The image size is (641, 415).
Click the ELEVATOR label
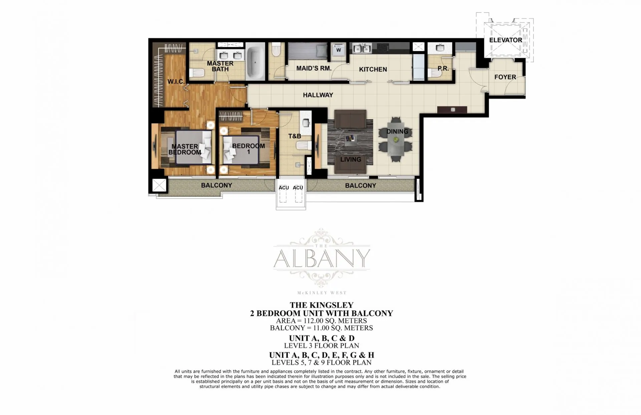505,40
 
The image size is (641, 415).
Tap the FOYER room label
505,77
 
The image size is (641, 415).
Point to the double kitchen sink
362,48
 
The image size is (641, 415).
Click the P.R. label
443,69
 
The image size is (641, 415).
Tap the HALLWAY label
318,95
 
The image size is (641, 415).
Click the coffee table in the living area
350,138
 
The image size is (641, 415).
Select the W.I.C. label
176,82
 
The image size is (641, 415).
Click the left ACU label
284,188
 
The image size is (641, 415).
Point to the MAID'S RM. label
314,69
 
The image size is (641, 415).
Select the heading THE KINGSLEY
322,305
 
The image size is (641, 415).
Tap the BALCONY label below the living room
361,186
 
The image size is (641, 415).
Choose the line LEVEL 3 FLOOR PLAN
322,346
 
